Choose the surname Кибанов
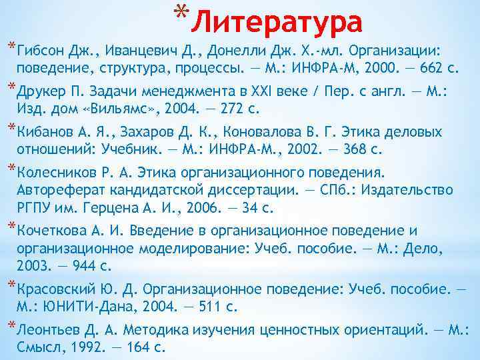pyautogui.click(x=44, y=131)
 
